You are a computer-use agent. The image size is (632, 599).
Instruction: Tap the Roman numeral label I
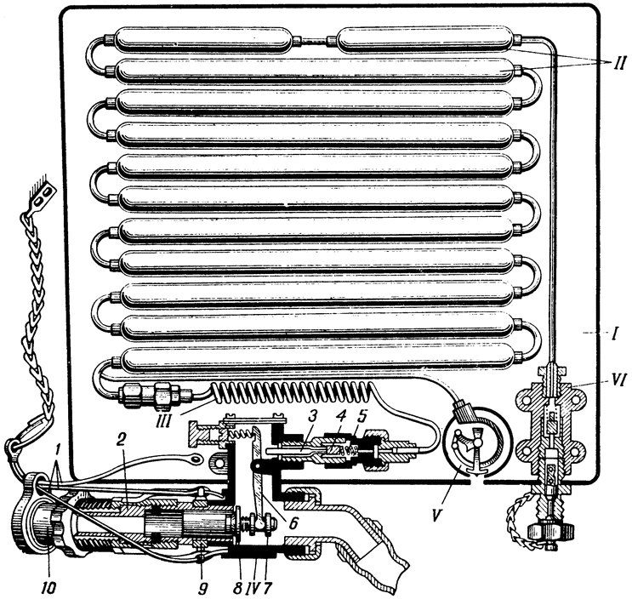(613, 334)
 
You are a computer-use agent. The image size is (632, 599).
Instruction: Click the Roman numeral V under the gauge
(436, 514)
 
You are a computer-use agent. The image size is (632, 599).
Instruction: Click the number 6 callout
(293, 522)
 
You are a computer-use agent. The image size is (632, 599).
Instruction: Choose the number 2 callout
(119, 442)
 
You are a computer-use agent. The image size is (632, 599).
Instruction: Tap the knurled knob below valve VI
(546, 529)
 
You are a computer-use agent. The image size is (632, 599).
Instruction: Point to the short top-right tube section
(424, 39)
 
